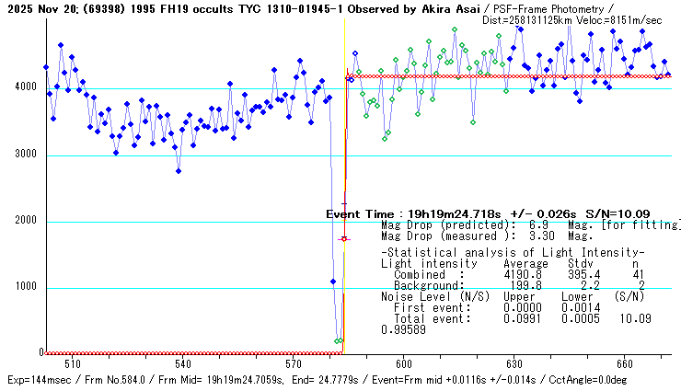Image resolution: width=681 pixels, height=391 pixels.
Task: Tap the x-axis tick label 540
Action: (x=182, y=362)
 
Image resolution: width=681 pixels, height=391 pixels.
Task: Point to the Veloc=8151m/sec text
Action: (x=628, y=19)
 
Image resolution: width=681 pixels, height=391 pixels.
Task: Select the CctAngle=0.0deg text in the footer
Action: (x=629, y=379)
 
